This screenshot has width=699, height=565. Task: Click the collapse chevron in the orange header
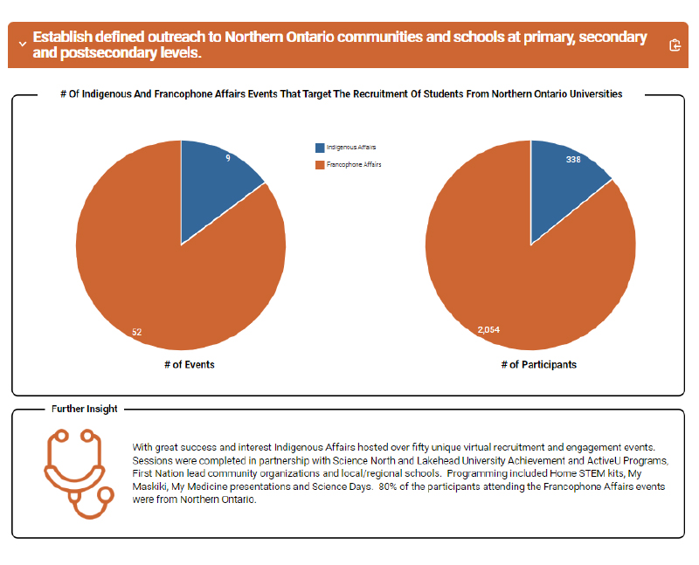click(21, 45)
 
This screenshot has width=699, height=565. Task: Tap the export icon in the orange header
click(675, 45)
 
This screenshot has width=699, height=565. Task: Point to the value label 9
click(228, 158)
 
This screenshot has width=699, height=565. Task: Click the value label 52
click(137, 332)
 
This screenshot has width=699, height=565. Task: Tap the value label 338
click(573, 160)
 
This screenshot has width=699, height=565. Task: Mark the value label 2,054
click(488, 330)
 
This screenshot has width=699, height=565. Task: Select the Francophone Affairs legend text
click(354, 164)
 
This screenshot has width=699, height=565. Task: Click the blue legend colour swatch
click(320, 148)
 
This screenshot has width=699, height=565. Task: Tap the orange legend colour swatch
click(320, 164)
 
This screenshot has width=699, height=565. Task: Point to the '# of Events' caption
click(189, 365)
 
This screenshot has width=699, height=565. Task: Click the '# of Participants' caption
click(538, 365)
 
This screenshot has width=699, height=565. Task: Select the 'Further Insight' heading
click(85, 409)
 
